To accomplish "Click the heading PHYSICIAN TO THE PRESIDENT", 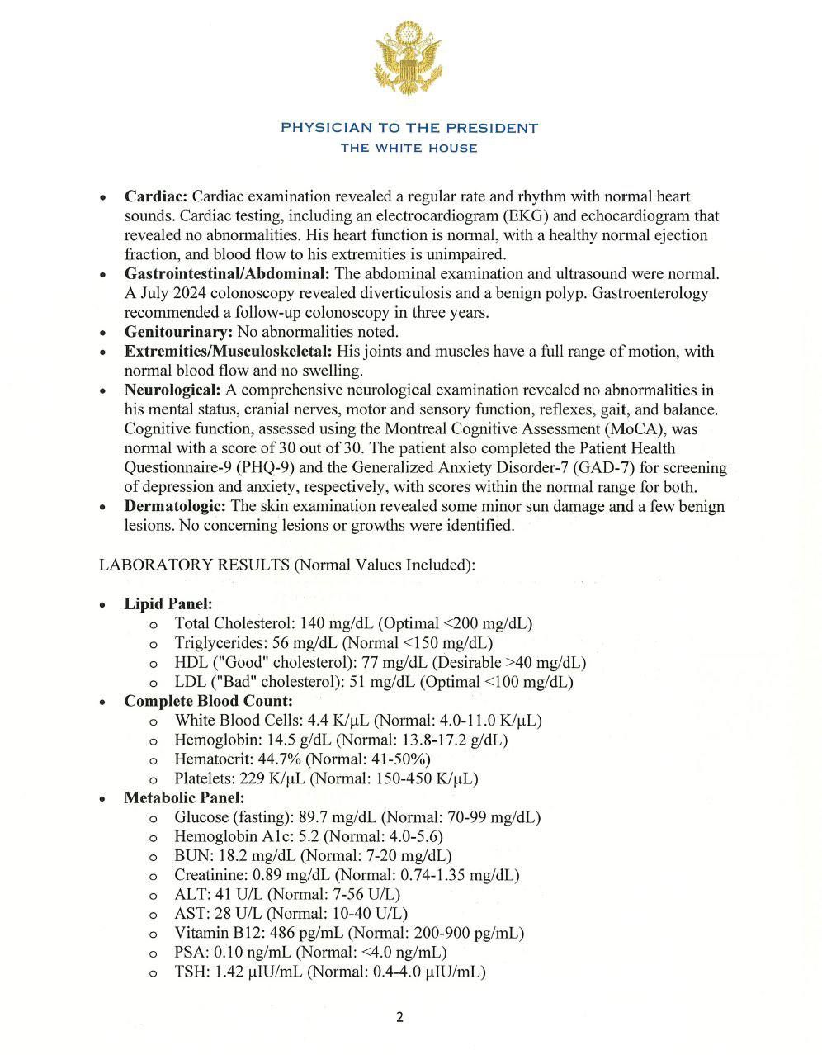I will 409,128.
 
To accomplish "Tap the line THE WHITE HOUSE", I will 409,149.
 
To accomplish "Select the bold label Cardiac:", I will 157,196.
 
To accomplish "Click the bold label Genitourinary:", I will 178,332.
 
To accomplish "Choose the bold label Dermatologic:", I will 175,506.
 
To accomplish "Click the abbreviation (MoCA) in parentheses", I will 634,428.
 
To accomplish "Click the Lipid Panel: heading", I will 168,603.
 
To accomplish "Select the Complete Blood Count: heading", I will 208,701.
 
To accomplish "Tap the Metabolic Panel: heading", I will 184,797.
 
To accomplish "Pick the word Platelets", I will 203,778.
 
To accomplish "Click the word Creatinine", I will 209,875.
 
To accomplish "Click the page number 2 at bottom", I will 400,1017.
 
